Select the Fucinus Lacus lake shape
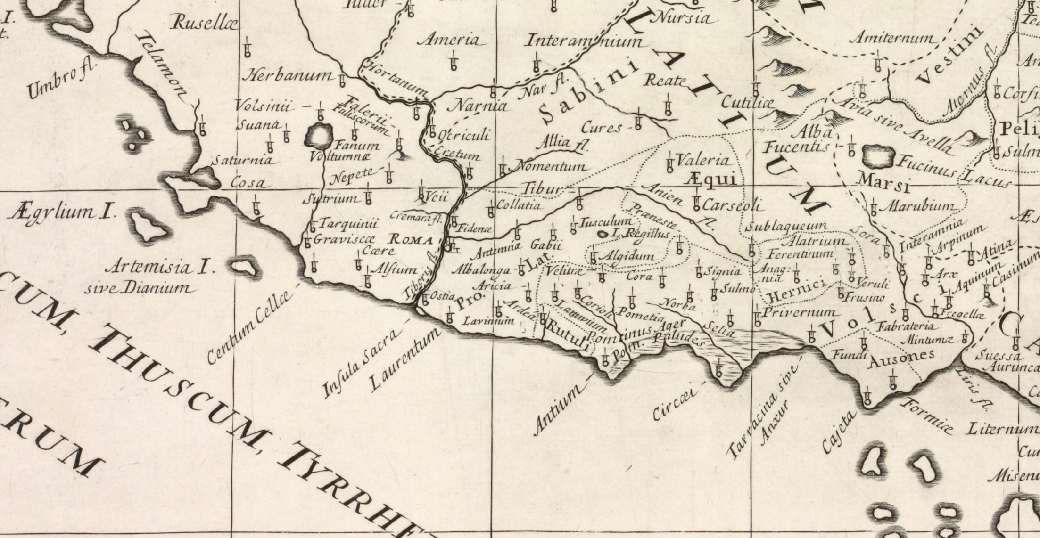coord(878,157)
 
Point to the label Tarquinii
coord(348,224)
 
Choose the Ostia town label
coord(443,296)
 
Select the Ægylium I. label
coord(61,213)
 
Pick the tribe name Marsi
coord(883,182)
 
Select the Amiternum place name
coord(891,38)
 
